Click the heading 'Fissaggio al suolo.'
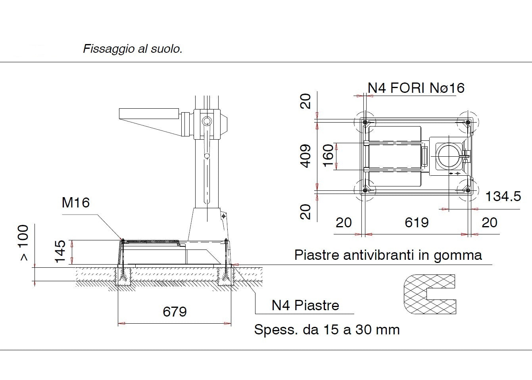(133, 49)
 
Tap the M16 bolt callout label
(76, 203)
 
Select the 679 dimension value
(175, 312)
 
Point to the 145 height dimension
(60, 251)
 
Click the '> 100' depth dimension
(24, 243)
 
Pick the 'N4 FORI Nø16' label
(416, 88)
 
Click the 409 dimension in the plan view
(305, 156)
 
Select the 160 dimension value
(328, 156)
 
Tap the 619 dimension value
(417, 223)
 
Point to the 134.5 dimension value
(503, 196)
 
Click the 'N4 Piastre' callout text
(305, 305)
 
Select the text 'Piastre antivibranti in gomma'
(388, 255)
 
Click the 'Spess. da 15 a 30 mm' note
(327, 330)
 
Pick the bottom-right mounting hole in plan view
(468, 191)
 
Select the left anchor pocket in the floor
(124, 276)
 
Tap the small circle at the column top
(206, 121)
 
